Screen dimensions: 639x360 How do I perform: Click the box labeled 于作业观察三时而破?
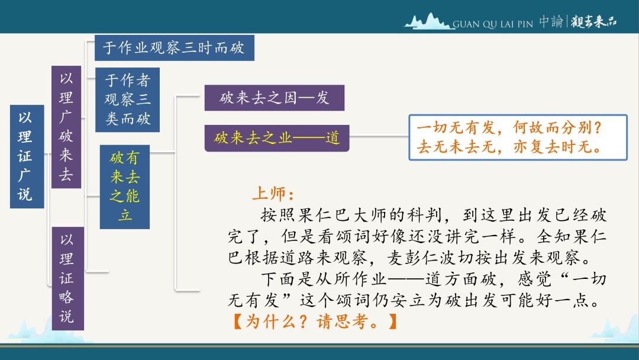pyautogui.click(x=175, y=48)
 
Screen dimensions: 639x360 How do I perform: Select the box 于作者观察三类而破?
pyautogui.click(x=128, y=100)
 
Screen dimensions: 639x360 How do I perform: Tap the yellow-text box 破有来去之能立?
pyautogui.click(x=125, y=187)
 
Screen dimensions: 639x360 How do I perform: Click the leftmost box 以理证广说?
pyautogui.click(x=27, y=156)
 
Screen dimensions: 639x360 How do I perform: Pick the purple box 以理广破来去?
pyautogui.click(x=66, y=127)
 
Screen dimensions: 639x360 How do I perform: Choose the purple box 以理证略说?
pyautogui.click(x=67, y=278)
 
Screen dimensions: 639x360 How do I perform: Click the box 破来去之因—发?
pyautogui.click(x=275, y=98)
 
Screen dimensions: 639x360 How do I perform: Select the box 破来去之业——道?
pyautogui.click(x=277, y=138)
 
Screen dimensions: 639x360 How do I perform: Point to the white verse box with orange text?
pyautogui.click(x=518, y=137)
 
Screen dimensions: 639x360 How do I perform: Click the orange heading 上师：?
pyautogui.click(x=273, y=194)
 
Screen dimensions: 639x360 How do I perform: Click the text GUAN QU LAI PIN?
pyautogui.click(x=493, y=24)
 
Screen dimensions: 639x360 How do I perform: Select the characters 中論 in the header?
pyautogui.click(x=551, y=21)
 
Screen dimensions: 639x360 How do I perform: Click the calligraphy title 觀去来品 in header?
pyautogui.click(x=593, y=21)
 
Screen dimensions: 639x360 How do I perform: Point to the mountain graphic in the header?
pyautogui.click(x=428, y=21)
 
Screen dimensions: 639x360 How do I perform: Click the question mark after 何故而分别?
pyautogui.click(x=598, y=128)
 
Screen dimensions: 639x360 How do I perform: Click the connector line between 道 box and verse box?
pyautogui.click(x=379, y=136)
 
